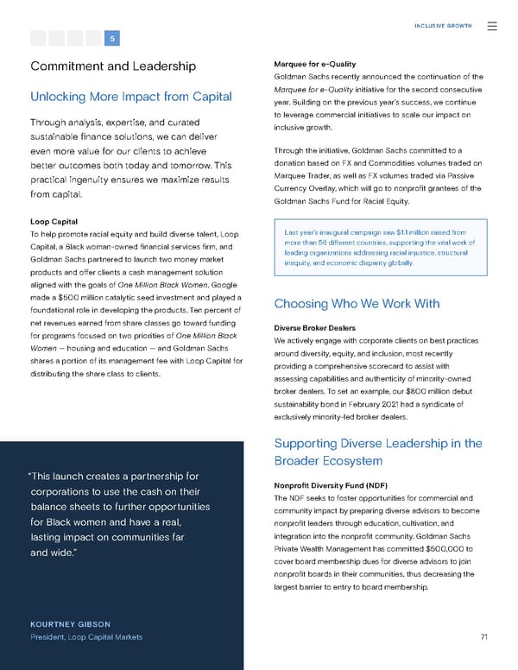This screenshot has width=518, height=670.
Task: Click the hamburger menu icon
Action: point(492,26)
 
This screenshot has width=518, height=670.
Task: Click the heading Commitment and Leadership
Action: point(113,66)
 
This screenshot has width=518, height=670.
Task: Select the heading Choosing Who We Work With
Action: point(357,303)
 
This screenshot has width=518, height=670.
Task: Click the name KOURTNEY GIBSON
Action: point(68,623)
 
